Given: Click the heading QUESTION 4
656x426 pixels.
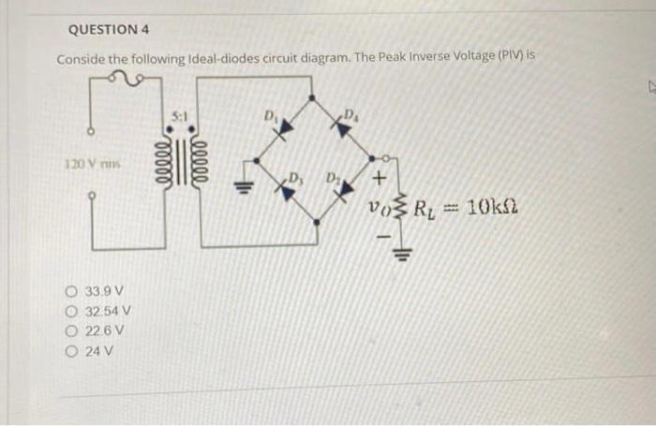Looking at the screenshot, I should tap(103, 29).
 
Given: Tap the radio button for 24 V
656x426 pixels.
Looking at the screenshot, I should tap(72, 351).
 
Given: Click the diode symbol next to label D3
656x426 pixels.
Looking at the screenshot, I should tap(280, 184).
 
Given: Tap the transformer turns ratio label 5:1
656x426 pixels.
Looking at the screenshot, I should tap(181, 116).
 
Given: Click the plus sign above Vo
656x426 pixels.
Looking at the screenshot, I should tap(380, 178).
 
